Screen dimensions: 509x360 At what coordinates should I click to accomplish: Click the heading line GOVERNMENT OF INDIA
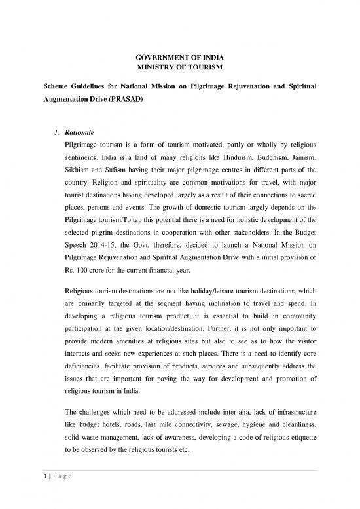point(179,56)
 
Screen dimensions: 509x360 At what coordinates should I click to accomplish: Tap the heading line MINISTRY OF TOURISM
point(179,67)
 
